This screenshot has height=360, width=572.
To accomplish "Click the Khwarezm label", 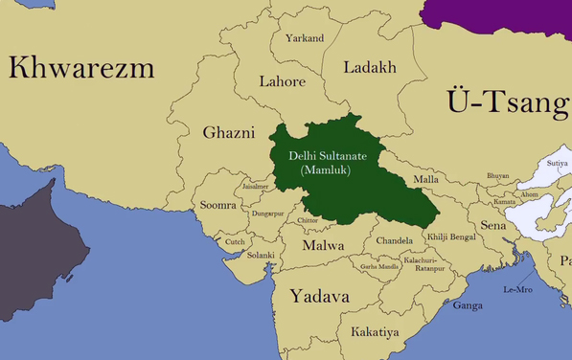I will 81,67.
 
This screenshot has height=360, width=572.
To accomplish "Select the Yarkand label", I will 304,38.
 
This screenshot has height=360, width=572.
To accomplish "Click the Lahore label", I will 282,81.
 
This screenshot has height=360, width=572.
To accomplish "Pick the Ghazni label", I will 228,132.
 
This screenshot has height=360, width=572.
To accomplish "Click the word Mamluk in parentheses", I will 326,169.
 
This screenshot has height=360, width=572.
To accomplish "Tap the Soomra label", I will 217,205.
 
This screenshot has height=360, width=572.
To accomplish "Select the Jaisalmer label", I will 256,187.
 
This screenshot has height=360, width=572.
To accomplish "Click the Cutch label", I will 235,242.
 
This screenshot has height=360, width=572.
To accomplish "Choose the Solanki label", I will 261,255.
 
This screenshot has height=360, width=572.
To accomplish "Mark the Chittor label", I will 308,220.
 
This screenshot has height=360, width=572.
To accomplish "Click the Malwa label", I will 323,246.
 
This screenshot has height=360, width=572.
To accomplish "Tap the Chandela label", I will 394,240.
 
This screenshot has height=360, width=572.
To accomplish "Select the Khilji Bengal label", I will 450,236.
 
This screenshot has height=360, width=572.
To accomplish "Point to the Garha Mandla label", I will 379,265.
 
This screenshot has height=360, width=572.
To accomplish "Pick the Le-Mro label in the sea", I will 517,289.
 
